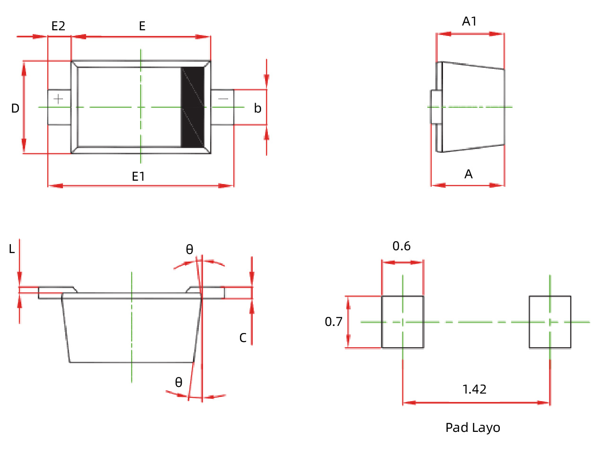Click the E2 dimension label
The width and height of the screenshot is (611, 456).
click(x=58, y=26)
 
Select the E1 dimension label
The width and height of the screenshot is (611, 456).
click(x=138, y=176)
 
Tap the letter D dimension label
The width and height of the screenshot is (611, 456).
click(x=15, y=108)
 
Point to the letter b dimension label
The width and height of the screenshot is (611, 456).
click(x=257, y=108)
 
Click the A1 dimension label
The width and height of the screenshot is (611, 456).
click(x=469, y=21)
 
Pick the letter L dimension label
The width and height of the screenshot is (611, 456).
click(x=12, y=249)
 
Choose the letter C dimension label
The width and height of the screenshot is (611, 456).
click(x=243, y=338)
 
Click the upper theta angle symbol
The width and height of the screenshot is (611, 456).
click(x=189, y=249)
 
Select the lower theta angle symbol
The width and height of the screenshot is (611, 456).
click(x=178, y=382)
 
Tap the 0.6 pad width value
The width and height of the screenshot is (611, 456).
click(x=401, y=246)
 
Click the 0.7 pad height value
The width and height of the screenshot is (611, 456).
click(x=333, y=322)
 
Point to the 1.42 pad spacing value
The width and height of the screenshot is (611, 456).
click(x=474, y=389)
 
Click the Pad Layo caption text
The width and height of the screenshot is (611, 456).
click(x=472, y=428)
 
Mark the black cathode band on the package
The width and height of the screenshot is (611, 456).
click(x=193, y=107)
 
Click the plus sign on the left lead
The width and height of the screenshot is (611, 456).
click(x=58, y=99)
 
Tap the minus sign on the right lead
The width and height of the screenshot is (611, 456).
click(x=223, y=99)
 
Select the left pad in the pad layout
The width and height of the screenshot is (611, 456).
click(x=403, y=322)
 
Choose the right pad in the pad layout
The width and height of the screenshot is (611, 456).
click(x=550, y=322)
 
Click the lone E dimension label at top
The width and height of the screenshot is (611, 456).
click(x=142, y=26)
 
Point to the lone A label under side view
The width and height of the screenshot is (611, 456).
click(x=469, y=175)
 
